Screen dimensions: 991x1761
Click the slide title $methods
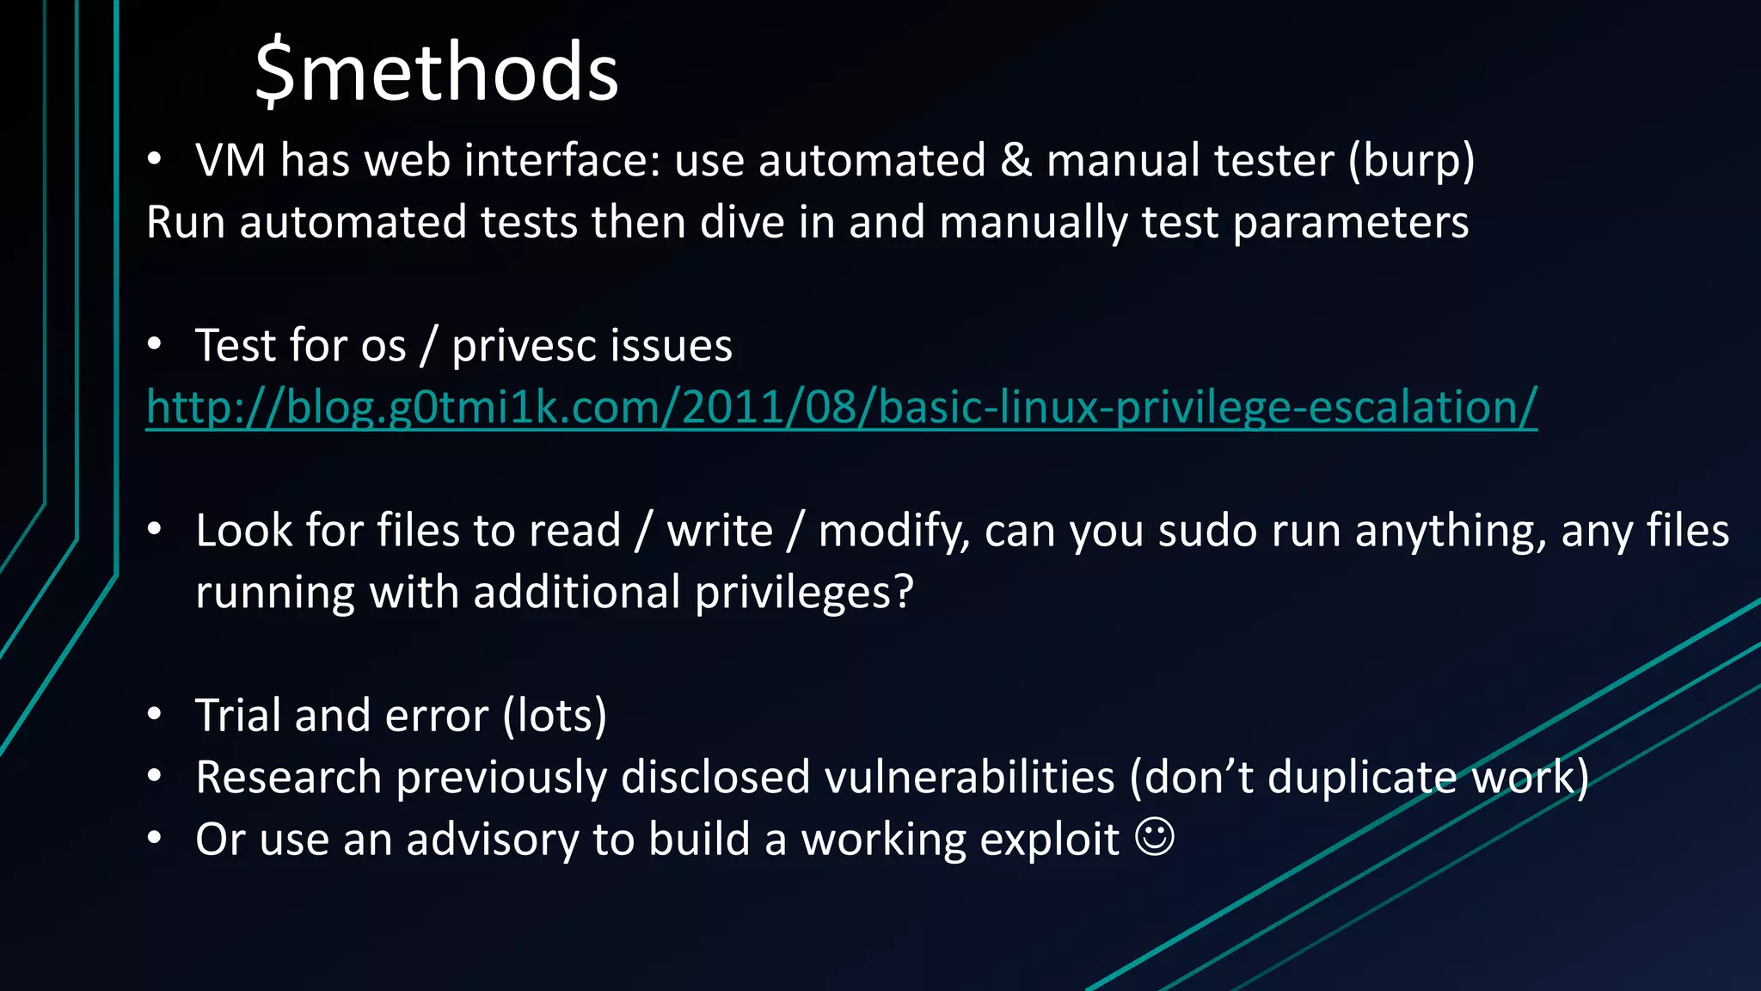click(x=437, y=72)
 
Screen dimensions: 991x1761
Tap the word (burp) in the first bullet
click(x=1411, y=161)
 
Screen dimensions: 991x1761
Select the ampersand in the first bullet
click(x=1015, y=161)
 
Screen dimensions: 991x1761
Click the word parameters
click(x=1350, y=223)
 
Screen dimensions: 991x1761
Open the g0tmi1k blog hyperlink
click(x=841, y=407)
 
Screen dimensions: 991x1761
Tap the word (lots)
click(x=555, y=716)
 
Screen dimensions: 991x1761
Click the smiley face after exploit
click(x=1154, y=837)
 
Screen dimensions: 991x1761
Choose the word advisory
click(x=493, y=840)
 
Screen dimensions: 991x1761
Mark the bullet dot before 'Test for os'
click(x=154, y=344)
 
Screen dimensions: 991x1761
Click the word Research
click(x=288, y=778)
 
